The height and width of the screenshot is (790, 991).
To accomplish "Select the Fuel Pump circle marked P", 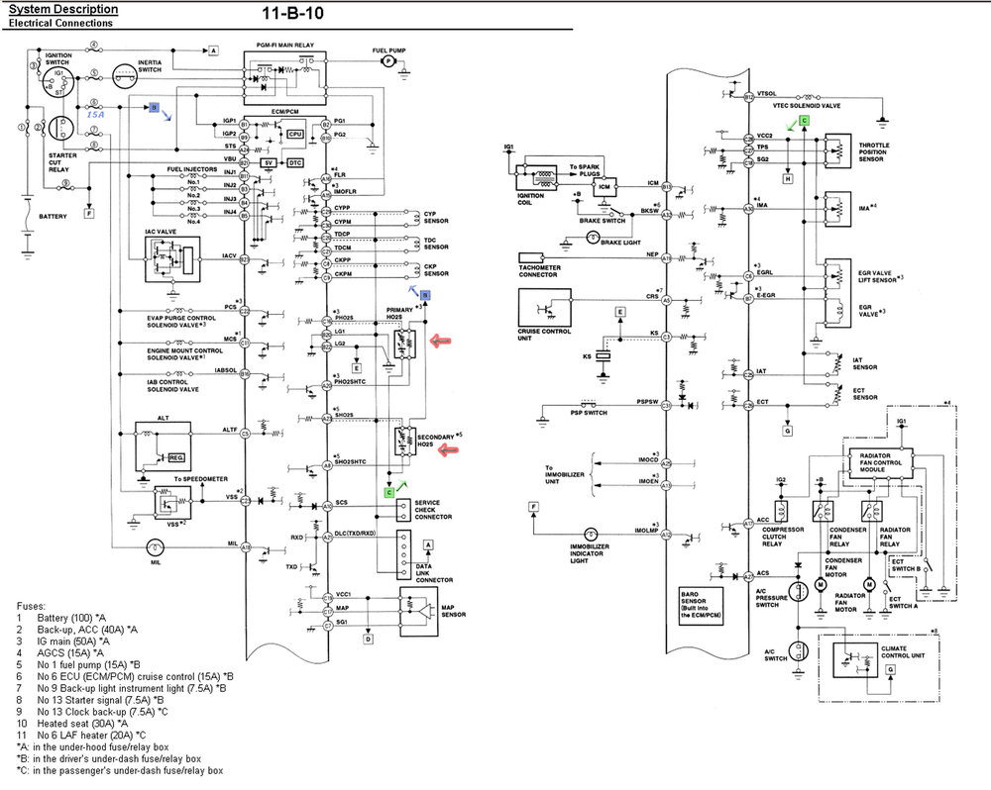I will pyautogui.click(x=388, y=61).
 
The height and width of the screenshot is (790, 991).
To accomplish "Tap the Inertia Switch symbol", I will pyautogui.click(x=124, y=74).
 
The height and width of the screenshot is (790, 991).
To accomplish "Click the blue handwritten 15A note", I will pyautogui.click(x=96, y=115).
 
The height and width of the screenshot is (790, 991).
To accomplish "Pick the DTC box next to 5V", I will pyautogui.click(x=295, y=161).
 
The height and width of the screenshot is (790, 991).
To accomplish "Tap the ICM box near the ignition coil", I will pyautogui.click(x=604, y=185).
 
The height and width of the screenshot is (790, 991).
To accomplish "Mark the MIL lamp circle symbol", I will pyautogui.click(x=154, y=546).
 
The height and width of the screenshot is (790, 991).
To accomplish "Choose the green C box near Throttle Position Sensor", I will pyautogui.click(x=805, y=120).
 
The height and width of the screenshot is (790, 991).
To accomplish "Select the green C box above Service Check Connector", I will pyautogui.click(x=389, y=491).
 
